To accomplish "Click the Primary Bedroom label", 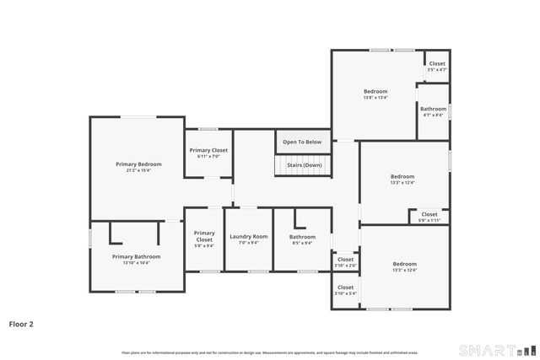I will pyautogui.click(x=138, y=164).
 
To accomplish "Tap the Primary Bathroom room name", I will pyautogui.click(x=136, y=256).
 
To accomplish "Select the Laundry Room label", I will pyautogui.click(x=249, y=236).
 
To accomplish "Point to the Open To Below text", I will pyautogui.click(x=301, y=142).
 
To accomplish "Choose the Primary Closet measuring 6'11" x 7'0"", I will pyautogui.click(x=208, y=150).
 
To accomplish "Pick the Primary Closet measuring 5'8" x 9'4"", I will pyautogui.click(x=204, y=236).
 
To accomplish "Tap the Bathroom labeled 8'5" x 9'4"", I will pyautogui.click(x=302, y=237).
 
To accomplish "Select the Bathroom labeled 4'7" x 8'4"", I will pyautogui.click(x=433, y=109).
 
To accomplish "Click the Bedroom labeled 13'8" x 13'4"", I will pyautogui.click(x=375, y=91).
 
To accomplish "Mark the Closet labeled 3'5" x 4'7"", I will pyautogui.click(x=436, y=63).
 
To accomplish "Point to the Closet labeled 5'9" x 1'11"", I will pyautogui.click(x=429, y=214).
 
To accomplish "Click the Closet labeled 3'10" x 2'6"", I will pyautogui.click(x=345, y=260).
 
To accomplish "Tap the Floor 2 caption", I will pyautogui.click(x=21, y=323).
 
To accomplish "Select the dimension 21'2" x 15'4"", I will pyautogui.click(x=138, y=170).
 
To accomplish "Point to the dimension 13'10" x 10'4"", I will pyautogui.click(x=136, y=262).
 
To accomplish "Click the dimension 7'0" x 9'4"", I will pyautogui.click(x=249, y=243).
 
